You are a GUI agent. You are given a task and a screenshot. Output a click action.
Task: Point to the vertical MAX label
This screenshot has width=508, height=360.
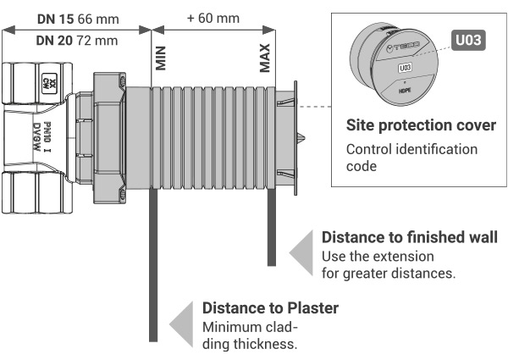click(265, 58)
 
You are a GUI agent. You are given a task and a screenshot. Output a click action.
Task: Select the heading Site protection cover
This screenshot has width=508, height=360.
click(421, 125)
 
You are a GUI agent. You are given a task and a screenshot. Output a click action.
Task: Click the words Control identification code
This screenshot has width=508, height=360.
click(412, 158)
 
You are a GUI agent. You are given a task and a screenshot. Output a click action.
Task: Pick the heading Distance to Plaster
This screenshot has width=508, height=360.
click(269, 307)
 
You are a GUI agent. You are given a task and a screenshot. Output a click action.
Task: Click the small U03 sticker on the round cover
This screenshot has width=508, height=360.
click(405, 65)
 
